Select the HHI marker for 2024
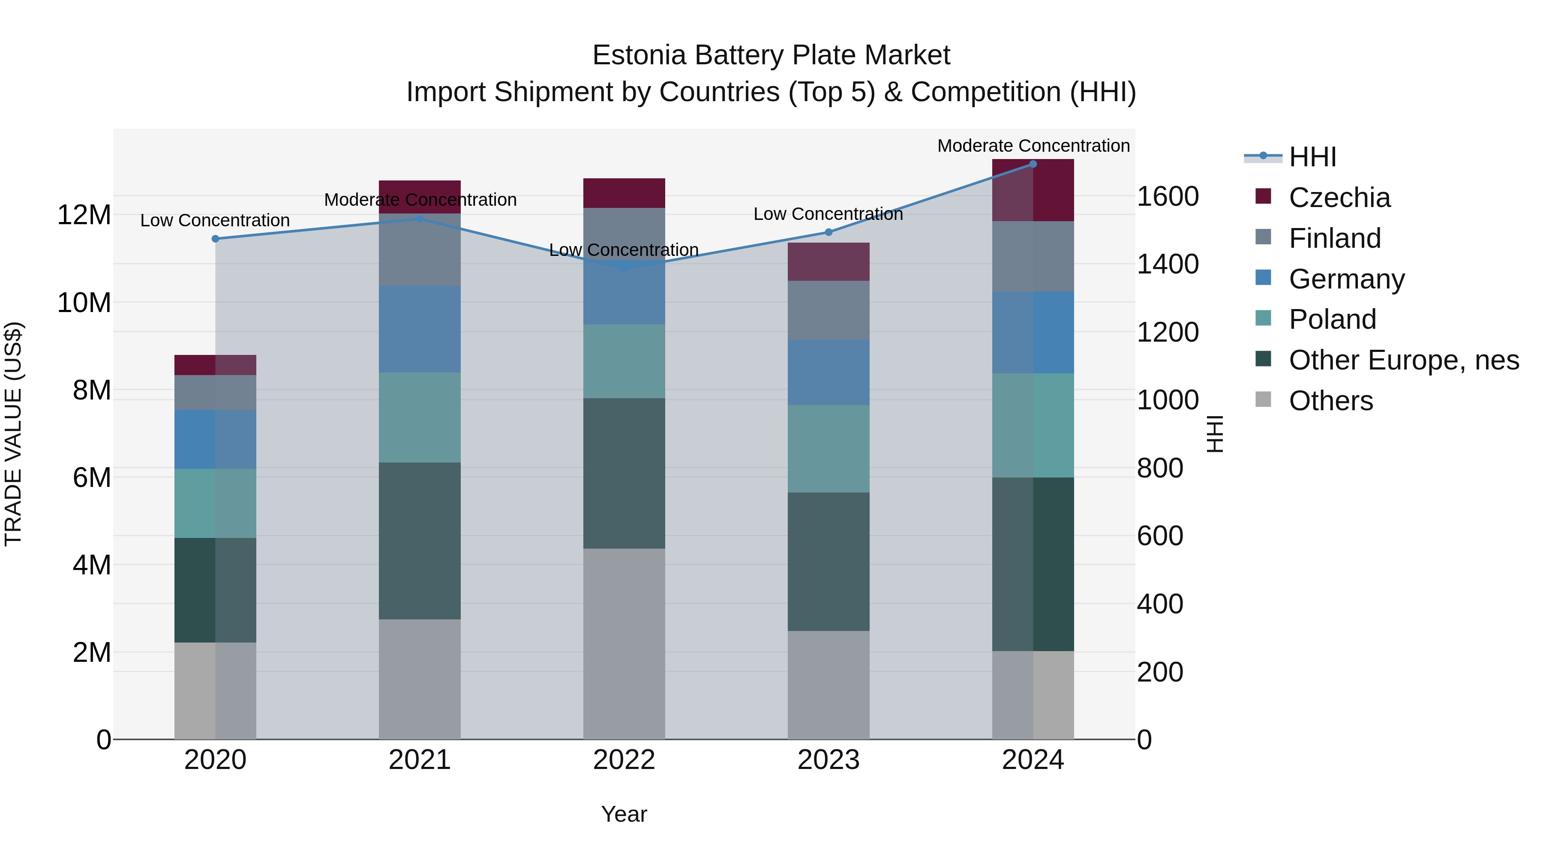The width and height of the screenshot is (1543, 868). coord(1033,164)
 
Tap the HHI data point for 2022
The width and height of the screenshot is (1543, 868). coord(624,268)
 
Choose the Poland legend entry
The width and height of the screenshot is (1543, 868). coord(1332,319)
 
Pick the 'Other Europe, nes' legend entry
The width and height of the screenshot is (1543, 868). coord(1403,360)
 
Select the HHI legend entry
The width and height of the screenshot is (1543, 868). coord(1312,157)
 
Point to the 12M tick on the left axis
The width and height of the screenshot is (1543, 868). coord(84,215)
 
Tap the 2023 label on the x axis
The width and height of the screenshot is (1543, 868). coord(829,760)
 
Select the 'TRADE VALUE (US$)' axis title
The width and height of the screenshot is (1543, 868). coord(13,434)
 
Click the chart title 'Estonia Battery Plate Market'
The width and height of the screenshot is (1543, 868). coord(771,55)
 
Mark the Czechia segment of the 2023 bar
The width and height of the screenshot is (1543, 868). coord(829,262)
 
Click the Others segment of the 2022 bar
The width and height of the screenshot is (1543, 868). coord(624,644)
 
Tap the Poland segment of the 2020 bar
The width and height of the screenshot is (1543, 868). coord(216,503)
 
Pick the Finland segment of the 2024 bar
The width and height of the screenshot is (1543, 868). coord(1033,256)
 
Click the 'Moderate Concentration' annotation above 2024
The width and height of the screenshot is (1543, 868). coord(1033,146)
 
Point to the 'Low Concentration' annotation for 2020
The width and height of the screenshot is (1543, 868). coord(215,220)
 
